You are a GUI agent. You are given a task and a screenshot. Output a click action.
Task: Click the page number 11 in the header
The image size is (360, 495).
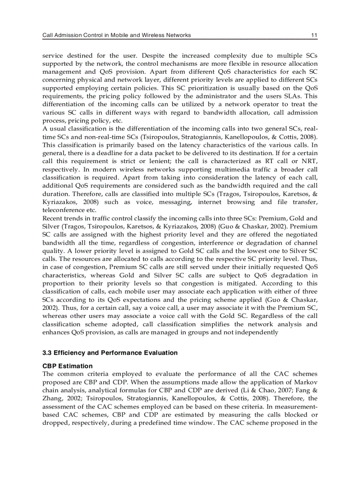click(314, 35)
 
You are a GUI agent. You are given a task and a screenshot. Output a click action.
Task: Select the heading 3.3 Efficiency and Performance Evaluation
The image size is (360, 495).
click(110, 353)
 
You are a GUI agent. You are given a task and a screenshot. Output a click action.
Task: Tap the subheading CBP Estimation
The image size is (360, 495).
click(67, 366)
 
